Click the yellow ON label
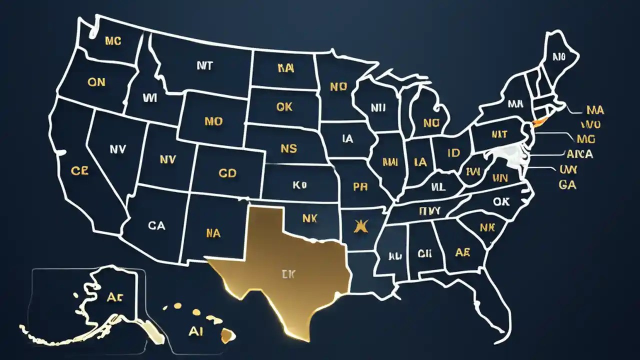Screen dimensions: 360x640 pyautogui.click(x=96, y=82)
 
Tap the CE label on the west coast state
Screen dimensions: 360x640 pyautogui.click(x=79, y=171)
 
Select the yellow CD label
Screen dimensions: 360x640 pyautogui.click(x=227, y=173)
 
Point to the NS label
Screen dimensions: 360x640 pyautogui.click(x=288, y=148)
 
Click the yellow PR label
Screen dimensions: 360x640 pyautogui.click(x=360, y=187)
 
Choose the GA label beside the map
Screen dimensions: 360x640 pyautogui.click(x=567, y=185)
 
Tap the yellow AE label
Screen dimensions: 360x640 pyautogui.click(x=462, y=252)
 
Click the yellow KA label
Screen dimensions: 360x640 pyautogui.click(x=285, y=69)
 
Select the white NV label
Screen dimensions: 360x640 pyautogui.click(x=117, y=148)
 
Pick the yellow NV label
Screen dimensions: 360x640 pyautogui.click(x=167, y=159)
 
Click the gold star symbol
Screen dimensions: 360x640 pyautogui.click(x=358, y=226)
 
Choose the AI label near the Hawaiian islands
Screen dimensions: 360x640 pyautogui.click(x=195, y=332)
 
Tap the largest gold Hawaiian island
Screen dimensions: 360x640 pyautogui.click(x=228, y=334)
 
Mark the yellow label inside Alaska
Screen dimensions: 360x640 pyautogui.click(x=114, y=296)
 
